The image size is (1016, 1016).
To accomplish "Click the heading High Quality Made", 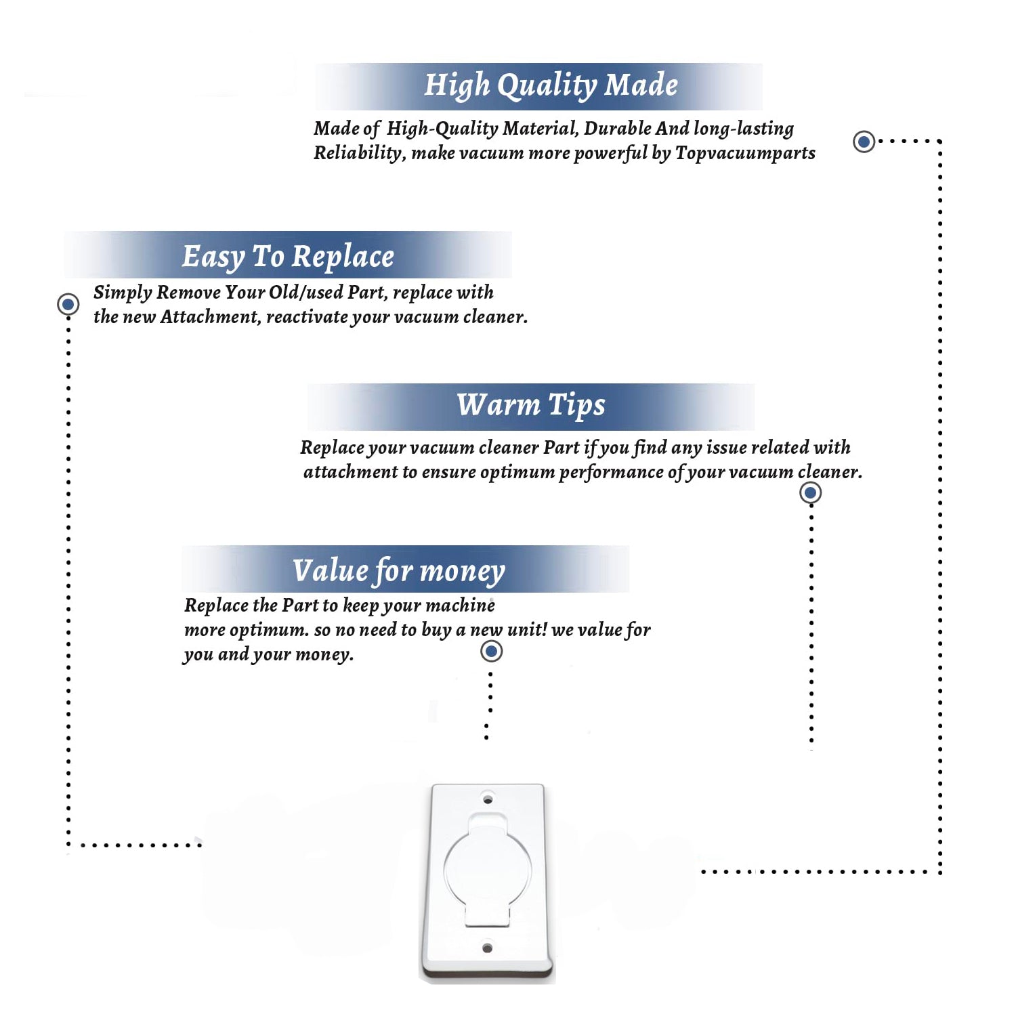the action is click(x=551, y=86).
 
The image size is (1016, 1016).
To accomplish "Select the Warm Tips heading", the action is click(x=530, y=405).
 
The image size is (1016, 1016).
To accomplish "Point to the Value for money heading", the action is click(x=398, y=570).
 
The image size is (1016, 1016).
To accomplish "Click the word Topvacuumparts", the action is click(x=745, y=153).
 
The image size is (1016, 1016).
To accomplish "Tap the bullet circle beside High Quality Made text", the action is click(x=864, y=142).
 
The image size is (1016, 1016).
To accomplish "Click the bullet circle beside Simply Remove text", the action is click(x=68, y=304).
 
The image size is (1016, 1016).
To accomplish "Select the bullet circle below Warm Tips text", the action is click(x=810, y=492).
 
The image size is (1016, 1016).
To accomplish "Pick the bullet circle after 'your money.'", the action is click(x=491, y=652).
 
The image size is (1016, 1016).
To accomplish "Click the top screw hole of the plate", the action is click(x=488, y=799).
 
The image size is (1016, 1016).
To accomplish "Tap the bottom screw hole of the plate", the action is click(x=487, y=948).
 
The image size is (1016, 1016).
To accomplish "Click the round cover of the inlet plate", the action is click(x=488, y=868).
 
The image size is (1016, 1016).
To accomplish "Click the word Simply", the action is click(x=123, y=293).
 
